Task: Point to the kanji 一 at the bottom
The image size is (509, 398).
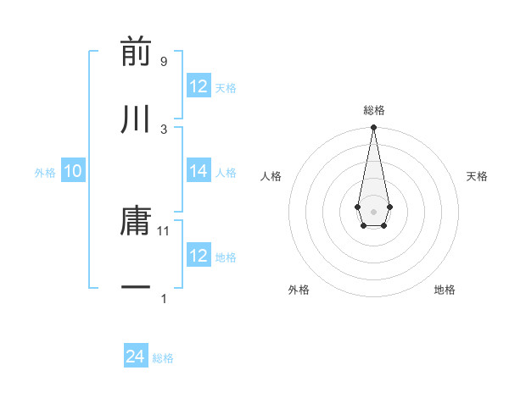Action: pos(136,288)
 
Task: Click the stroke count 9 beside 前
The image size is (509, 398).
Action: pos(163,61)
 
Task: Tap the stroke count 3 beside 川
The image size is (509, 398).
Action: pos(163,129)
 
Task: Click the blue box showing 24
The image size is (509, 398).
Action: pos(136,357)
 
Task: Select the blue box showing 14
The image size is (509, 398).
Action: pos(199,171)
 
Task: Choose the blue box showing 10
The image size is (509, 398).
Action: pos(73,171)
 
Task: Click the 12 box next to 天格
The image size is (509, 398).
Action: pos(199,86)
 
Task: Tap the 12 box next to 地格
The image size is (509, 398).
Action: pos(199,256)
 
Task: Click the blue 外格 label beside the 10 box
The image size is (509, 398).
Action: pos(45,173)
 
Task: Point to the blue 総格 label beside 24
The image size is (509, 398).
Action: pos(163,358)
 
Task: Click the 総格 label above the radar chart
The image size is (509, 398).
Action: pos(373,110)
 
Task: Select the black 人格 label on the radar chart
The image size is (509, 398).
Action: pos(271,176)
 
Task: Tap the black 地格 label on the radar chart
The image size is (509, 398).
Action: pos(445,290)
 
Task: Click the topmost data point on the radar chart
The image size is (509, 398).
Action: pos(373,128)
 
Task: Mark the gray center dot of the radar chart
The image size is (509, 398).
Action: pos(373,210)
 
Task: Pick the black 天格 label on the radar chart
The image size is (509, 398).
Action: pos(478,176)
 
